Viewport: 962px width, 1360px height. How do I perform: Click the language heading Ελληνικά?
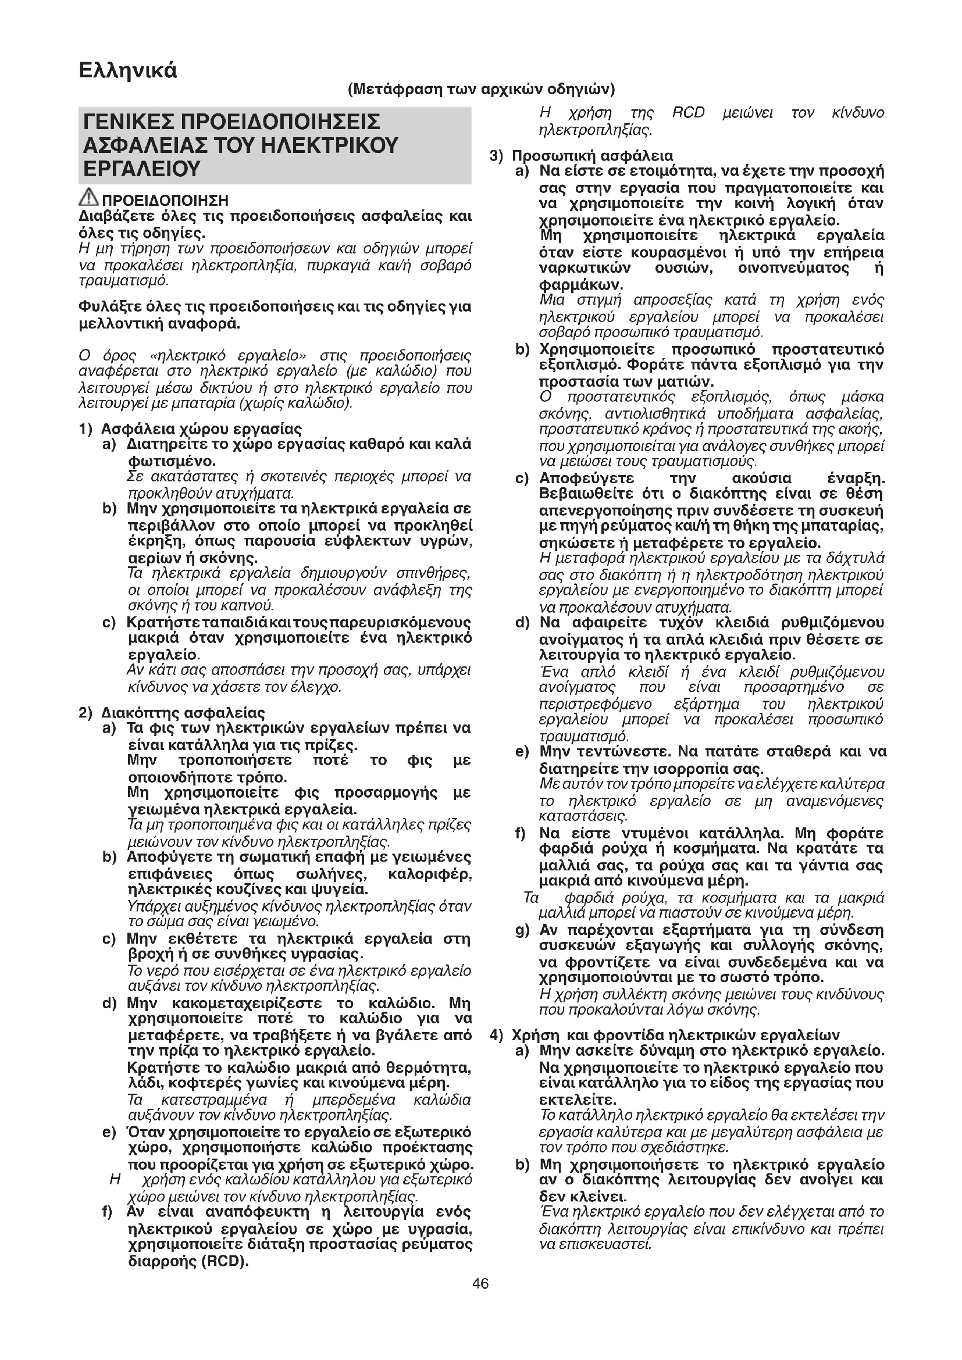[x=127, y=70]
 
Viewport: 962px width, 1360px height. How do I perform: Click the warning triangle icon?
[x=90, y=196]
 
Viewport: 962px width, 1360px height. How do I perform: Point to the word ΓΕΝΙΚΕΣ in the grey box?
[x=128, y=122]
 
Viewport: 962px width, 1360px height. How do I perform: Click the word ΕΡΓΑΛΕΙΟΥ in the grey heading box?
[x=142, y=169]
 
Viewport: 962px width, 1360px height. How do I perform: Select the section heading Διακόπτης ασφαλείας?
[x=183, y=713]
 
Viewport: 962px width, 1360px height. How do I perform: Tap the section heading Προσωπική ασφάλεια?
[x=592, y=156]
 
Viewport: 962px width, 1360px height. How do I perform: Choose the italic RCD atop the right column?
[x=688, y=113]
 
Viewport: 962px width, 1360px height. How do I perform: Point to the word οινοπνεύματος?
[x=793, y=268]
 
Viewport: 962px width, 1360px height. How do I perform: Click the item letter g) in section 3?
[x=522, y=930]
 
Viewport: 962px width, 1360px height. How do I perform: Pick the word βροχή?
[x=152, y=954]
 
